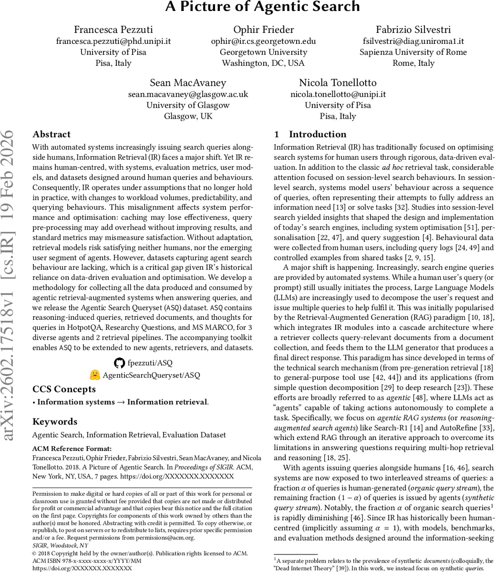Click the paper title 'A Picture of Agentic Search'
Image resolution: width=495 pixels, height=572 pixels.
click(x=263, y=7)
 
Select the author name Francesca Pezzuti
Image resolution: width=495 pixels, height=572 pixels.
click(x=113, y=29)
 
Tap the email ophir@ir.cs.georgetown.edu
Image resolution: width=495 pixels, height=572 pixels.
click(x=263, y=41)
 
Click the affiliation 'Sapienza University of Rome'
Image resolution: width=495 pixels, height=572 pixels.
click(x=413, y=52)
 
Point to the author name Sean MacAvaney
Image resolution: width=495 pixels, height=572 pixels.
click(x=187, y=83)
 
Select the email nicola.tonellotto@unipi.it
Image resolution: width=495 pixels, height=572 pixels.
click(x=338, y=94)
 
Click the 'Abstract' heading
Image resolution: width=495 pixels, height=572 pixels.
click(x=51, y=134)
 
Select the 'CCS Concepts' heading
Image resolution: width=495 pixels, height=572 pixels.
click(x=64, y=389)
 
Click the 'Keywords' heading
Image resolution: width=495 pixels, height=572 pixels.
click(x=54, y=421)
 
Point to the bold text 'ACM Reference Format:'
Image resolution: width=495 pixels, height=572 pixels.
click(x=72, y=449)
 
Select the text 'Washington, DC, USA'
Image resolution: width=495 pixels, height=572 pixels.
click(x=263, y=63)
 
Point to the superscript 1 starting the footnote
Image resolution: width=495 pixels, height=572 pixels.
click(x=275, y=559)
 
